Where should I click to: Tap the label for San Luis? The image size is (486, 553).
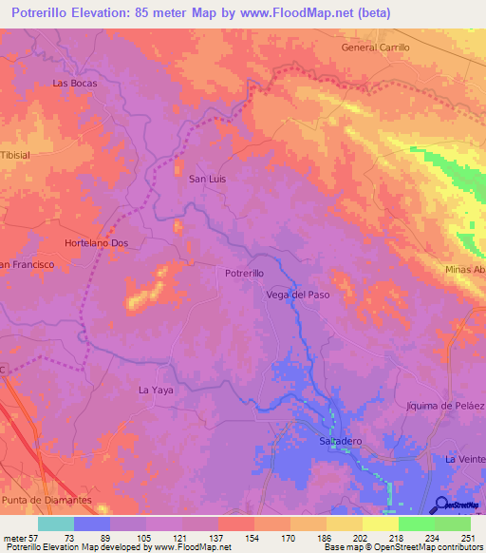pos(208,178)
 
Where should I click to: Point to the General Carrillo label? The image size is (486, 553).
pos(375,47)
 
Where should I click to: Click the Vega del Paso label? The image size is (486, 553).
pos(297,295)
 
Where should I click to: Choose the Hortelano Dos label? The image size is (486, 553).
pos(96,243)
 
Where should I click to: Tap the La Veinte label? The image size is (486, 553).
pos(464,458)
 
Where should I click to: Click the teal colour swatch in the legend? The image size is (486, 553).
pos(56,524)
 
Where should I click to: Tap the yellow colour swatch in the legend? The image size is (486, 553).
pos(380,524)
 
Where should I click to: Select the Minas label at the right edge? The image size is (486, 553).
pos(464,270)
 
